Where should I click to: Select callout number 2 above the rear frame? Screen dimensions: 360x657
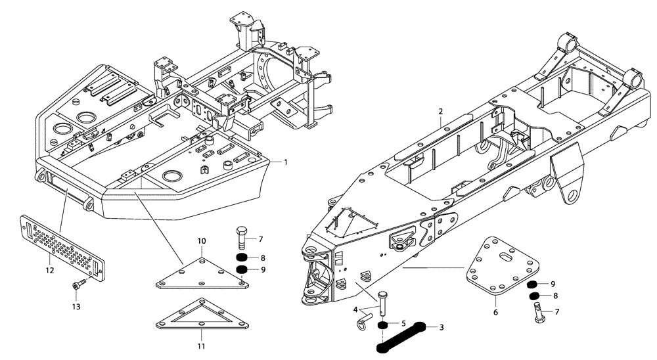(x=441, y=113)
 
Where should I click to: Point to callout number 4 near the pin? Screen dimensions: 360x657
(x=356, y=309)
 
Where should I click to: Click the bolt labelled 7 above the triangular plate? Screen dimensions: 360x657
(x=241, y=237)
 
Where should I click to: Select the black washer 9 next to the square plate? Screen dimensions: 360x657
(x=535, y=284)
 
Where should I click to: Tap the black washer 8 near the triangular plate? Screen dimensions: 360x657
(x=242, y=257)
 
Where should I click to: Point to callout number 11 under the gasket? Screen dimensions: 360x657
(x=202, y=346)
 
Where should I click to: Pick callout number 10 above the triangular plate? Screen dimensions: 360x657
(x=202, y=241)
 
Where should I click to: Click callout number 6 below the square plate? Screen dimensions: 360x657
(x=495, y=313)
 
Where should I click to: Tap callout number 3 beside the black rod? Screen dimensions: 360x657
(x=442, y=326)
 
